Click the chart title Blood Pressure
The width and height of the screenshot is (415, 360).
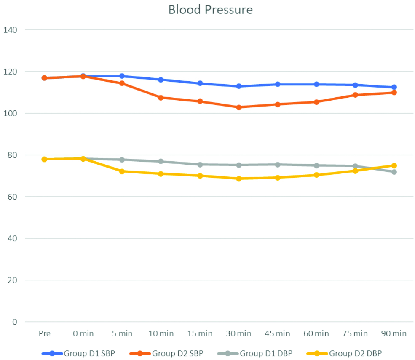click(210, 10)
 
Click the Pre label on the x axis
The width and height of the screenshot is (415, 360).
click(44, 334)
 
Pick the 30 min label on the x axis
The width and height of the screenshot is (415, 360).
click(238, 334)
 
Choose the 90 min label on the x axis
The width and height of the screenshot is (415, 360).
click(394, 334)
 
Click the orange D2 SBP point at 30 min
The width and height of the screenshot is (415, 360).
click(239, 107)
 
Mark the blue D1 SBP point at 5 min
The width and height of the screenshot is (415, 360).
click(122, 76)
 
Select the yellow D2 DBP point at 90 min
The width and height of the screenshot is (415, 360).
click(394, 165)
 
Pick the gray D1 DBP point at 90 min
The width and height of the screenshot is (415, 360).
click(394, 172)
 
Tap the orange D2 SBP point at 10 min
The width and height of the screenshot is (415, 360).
click(161, 98)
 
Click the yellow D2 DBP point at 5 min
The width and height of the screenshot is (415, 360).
click(122, 171)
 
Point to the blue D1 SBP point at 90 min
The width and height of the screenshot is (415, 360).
click(394, 87)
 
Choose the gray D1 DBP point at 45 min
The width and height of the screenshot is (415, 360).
click(278, 165)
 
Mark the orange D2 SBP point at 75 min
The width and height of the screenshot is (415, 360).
click(355, 95)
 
